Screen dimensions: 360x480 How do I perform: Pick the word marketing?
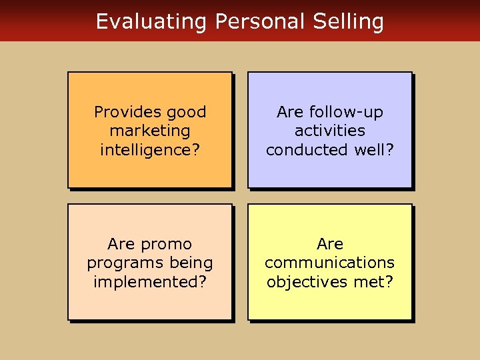click(x=150, y=131)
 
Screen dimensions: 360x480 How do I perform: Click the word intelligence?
click(x=150, y=149)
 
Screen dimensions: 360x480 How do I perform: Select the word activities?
click(x=330, y=131)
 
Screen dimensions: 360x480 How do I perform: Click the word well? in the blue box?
click(x=373, y=149)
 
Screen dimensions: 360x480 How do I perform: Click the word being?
click(x=190, y=263)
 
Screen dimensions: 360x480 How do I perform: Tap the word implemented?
click(x=150, y=281)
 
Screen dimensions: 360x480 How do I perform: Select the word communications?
click(x=330, y=263)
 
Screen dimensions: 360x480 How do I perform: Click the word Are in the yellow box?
click(x=330, y=244)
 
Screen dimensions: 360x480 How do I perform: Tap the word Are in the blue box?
click(x=290, y=112)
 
